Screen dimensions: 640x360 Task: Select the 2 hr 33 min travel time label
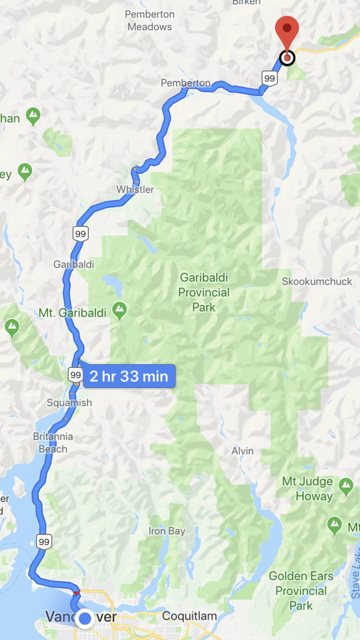click(x=129, y=377)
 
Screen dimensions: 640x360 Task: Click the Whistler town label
click(x=135, y=190)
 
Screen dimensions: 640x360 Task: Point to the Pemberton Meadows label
click(x=149, y=20)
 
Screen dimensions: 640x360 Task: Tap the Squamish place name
click(x=69, y=403)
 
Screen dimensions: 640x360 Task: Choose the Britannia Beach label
click(x=53, y=443)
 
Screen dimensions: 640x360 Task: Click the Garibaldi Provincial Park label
click(x=204, y=292)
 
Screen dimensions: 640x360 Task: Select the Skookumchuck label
click(x=317, y=281)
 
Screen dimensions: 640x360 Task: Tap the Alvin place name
click(x=243, y=451)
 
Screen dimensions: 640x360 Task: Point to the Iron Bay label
click(x=167, y=531)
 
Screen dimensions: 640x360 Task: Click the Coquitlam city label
click(x=189, y=616)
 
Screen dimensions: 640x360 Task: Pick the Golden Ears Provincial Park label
click(x=301, y=590)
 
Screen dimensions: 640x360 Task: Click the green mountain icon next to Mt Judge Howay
click(x=347, y=486)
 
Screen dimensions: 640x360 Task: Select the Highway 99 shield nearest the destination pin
click(x=269, y=79)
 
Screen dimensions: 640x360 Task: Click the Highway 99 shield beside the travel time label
click(x=75, y=374)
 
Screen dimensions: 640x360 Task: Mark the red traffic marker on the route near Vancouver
click(x=77, y=593)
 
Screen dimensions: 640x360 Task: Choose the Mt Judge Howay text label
click(x=308, y=489)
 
